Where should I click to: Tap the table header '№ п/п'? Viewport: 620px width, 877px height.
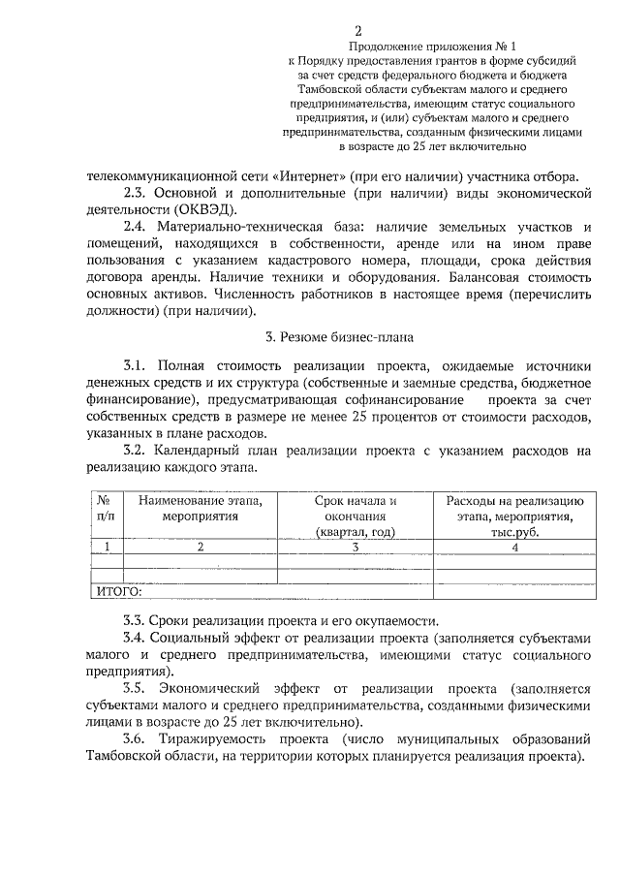(x=107, y=509)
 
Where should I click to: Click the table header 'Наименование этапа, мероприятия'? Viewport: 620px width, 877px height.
(x=201, y=509)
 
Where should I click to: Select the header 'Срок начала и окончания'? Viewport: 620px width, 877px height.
(x=356, y=509)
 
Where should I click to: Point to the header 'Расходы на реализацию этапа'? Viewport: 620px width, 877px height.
(x=513, y=509)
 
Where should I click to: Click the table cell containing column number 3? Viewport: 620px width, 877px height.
(x=356, y=547)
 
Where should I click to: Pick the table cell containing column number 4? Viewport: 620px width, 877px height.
(x=514, y=547)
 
